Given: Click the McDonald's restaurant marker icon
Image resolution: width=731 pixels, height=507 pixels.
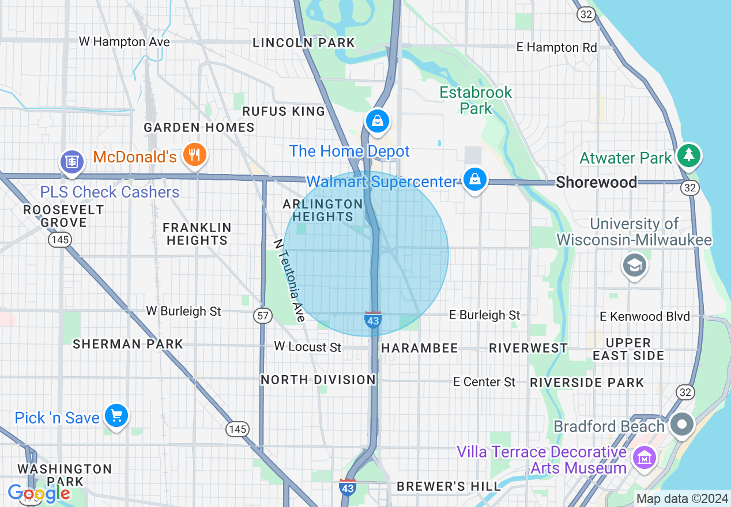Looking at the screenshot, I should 195,155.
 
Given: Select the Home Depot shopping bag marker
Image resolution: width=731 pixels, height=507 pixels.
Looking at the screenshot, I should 377,121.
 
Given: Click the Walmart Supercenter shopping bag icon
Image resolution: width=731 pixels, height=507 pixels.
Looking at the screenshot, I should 474,179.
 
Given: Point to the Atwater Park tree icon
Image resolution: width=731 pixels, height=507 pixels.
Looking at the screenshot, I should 688,155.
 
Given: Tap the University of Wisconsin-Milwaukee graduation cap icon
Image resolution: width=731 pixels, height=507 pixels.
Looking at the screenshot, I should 634,265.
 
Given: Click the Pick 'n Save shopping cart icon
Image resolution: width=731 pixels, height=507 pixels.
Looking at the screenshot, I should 116,415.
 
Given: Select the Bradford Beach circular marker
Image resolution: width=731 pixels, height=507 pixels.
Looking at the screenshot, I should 683,425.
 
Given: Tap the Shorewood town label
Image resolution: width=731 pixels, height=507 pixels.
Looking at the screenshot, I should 596,183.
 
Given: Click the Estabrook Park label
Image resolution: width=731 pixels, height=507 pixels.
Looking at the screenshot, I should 476,100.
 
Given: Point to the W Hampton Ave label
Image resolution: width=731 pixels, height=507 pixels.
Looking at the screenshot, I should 125,42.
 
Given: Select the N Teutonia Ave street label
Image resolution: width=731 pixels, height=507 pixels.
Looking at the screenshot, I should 289,280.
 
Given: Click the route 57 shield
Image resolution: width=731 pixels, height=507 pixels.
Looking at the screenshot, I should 262,315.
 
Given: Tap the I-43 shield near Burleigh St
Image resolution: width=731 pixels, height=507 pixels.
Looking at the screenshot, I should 373,320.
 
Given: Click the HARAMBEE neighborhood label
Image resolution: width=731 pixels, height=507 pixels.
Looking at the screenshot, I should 419,348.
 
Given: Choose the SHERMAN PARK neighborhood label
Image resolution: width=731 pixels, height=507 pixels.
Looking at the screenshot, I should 127,344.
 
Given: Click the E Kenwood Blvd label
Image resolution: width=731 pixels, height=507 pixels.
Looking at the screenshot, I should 645,316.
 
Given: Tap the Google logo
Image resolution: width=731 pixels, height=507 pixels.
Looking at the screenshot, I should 39,493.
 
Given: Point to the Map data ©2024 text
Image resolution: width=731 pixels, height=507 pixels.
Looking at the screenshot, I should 681,498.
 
